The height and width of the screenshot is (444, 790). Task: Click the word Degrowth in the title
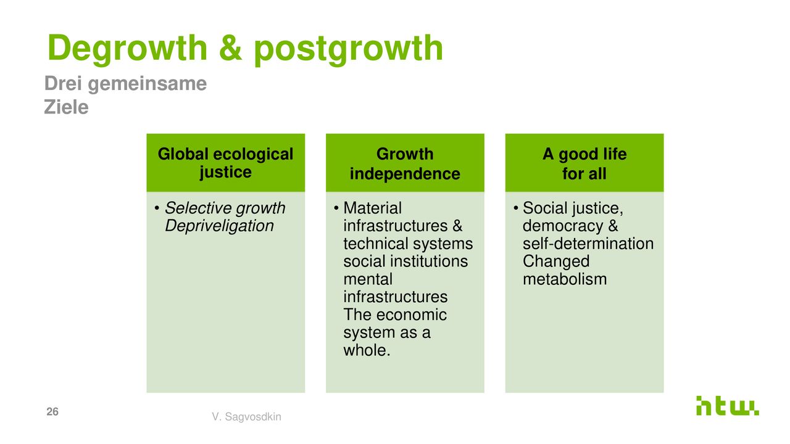[127, 48]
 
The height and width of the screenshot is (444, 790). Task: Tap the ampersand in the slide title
[230, 47]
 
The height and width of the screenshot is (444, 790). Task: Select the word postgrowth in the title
[348, 49]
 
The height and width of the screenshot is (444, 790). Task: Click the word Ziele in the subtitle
[66, 107]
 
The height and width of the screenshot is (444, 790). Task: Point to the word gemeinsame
[147, 84]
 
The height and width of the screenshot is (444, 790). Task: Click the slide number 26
[52, 411]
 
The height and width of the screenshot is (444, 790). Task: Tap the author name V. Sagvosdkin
[246, 416]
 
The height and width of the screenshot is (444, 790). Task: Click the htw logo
[727, 406]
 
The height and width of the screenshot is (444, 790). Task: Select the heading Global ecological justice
[225, 163]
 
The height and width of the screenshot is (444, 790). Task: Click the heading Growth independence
[405, 164]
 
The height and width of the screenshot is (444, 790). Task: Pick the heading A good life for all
[584, 164]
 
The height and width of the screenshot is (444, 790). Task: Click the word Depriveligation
[219, 226]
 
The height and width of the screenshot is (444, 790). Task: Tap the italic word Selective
[198, 208]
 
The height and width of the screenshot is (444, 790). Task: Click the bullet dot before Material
[336, 208]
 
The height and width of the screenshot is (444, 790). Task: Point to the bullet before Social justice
[515, 208]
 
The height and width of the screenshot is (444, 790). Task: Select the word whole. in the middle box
[367, 350]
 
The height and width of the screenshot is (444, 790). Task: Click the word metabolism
[565, 279]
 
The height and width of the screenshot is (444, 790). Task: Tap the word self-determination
[588, 244]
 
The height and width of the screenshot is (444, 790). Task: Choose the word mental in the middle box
[368, 279]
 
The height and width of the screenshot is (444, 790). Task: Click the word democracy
[563, 226]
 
